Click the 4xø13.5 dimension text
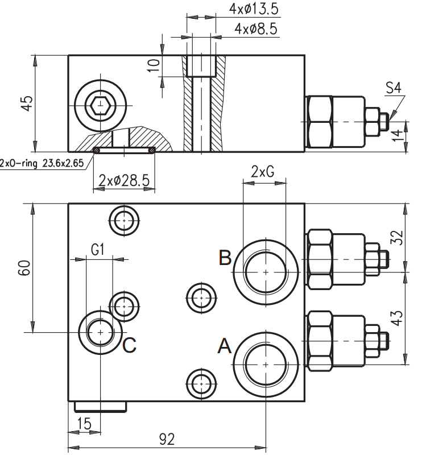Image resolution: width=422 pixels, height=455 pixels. (x=254, y=9)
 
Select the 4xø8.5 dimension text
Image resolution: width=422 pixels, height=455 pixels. (x=256, y=29)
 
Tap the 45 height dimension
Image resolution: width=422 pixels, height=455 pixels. (x=27, y=103)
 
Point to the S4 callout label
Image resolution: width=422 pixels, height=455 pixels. (x=393, y=88)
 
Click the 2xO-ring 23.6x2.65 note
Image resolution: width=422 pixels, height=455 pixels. (x=42, y=163)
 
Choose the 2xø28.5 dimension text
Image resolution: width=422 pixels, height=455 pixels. (x=124, y=180)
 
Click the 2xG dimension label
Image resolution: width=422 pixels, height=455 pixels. (x=262, y=172)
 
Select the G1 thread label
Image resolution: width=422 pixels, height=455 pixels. (x=97, y=250)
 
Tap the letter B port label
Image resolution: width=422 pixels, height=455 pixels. (x=225, y=258)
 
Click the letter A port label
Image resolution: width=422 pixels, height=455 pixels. (x=225, y=346)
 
